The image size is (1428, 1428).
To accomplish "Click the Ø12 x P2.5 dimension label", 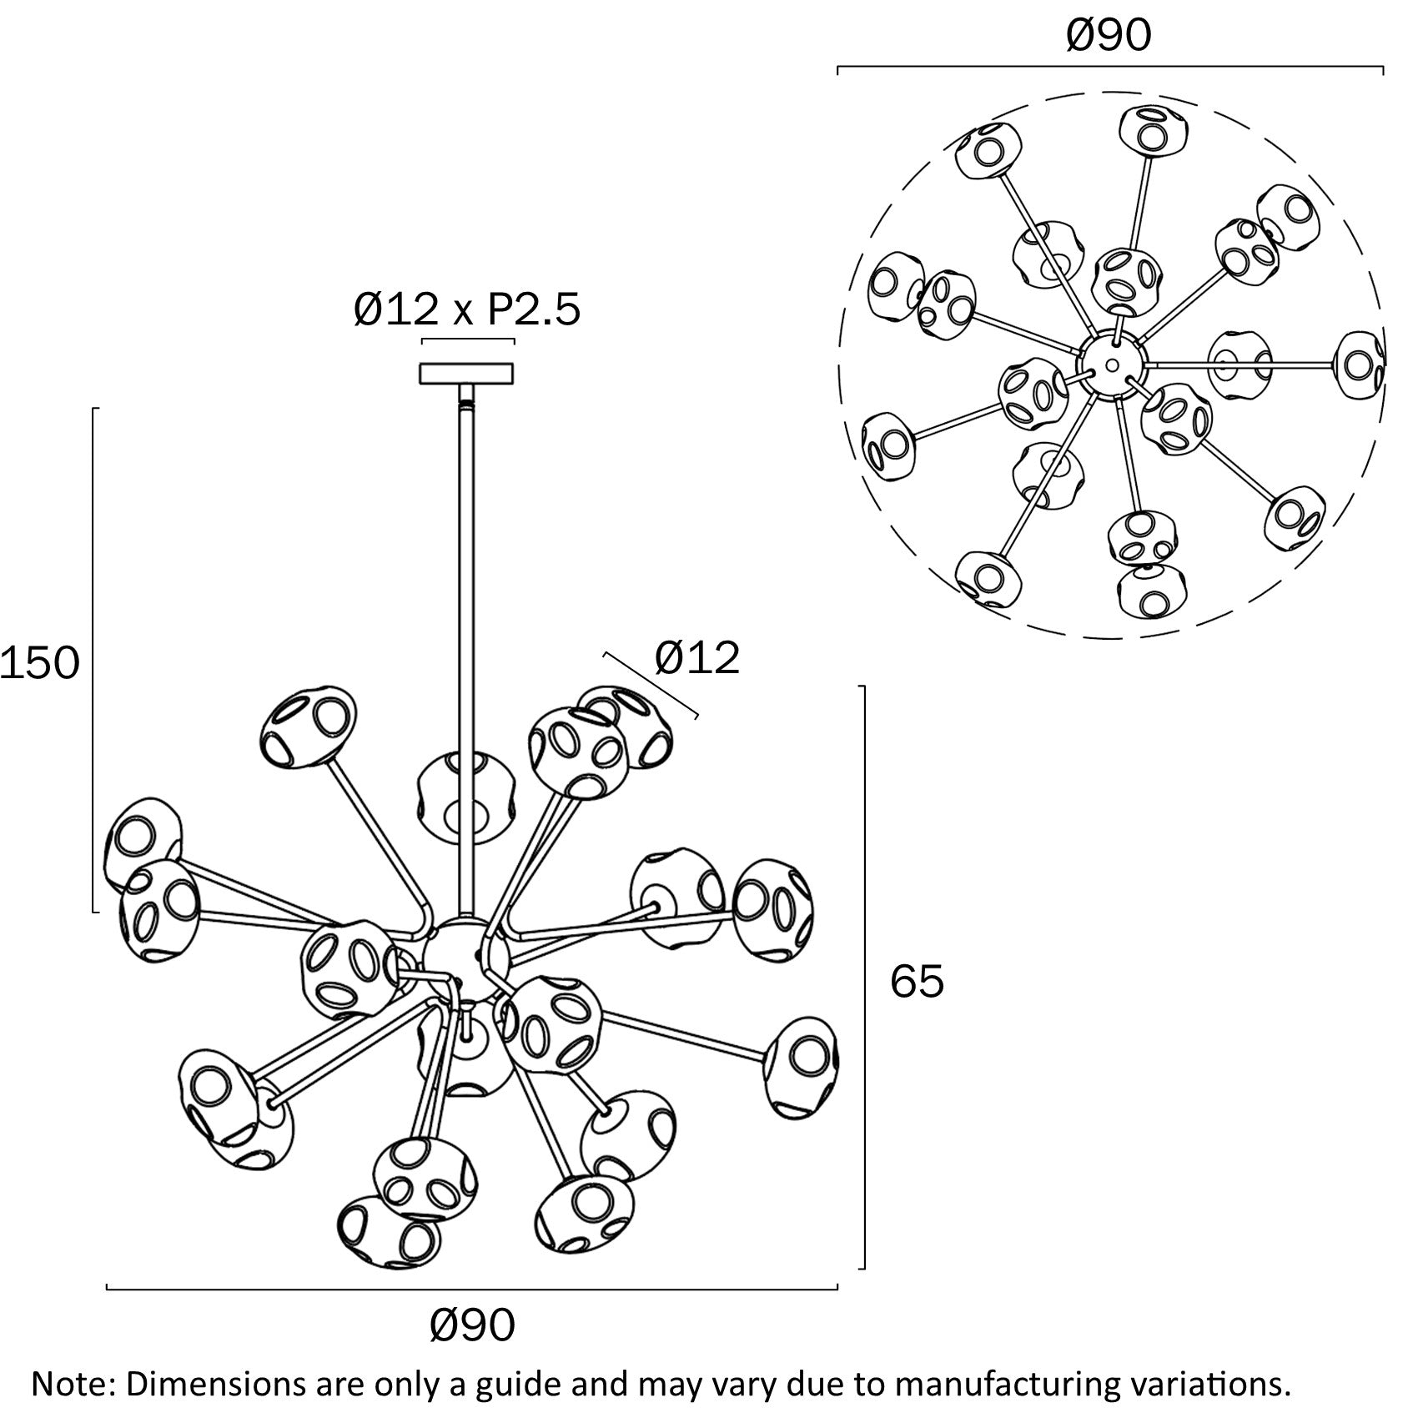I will click(x=467, y=310).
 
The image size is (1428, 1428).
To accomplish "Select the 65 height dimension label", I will click(x=917, y=981).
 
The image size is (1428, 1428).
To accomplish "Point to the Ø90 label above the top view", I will click(x=1109, y=36).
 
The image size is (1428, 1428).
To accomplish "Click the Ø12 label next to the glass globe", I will click(x=697, y=658).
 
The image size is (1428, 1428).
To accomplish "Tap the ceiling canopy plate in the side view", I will click(x=466, y=373).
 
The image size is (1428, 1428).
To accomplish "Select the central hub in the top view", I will click(x=1110, y=365).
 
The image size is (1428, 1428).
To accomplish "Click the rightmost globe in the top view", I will click(x=1360, y=365).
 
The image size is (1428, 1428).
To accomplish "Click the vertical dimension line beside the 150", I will click(x=93, y=659).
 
